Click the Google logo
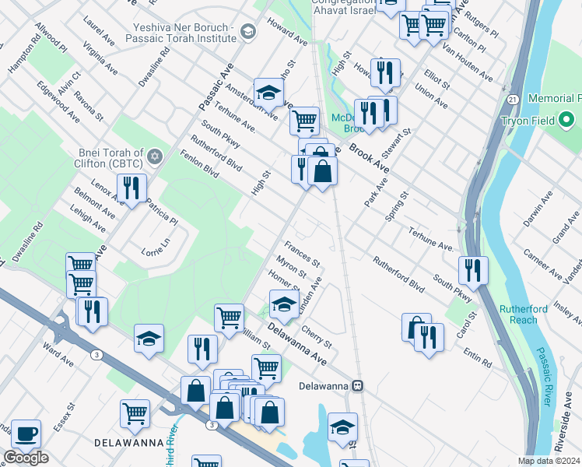pos(26,458)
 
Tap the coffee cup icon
pos(25,434)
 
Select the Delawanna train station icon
pos(357,385)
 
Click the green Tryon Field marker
pos(566,121)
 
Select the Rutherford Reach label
pos(524,314)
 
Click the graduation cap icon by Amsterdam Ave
pos(268,93)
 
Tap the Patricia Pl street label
pos(162,210)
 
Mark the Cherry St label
pos(316,336)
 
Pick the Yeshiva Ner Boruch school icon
pos(247,31)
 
